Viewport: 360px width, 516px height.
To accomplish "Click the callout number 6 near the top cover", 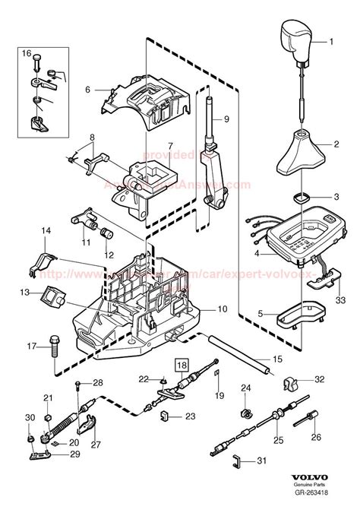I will point(88,90).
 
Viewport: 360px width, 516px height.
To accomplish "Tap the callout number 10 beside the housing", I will point(223,309).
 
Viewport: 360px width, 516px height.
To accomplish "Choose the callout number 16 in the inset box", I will point(26,54).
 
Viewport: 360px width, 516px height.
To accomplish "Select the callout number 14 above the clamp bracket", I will point(46,230).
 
